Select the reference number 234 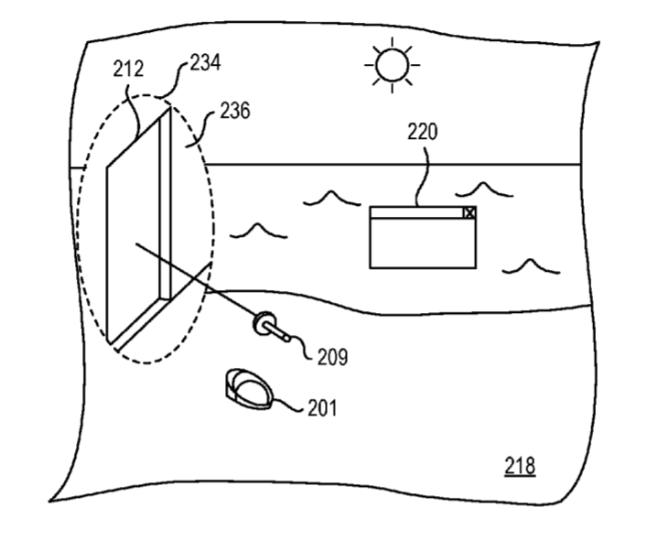(205, 63)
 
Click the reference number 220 (422, 132)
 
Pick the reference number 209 (332, 357)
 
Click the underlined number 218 (520, 466)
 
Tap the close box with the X (469, 212)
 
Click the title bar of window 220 (416, 212)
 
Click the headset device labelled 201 (247, 388)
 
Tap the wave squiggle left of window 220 (253, 229)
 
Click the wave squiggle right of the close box (483, 189)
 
